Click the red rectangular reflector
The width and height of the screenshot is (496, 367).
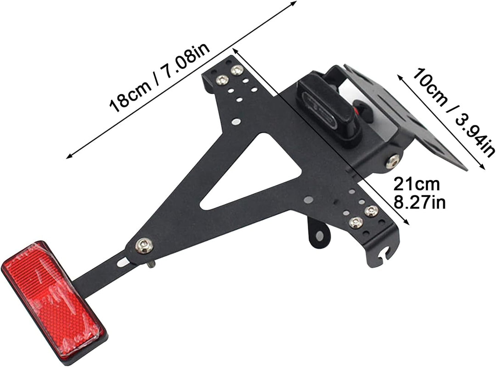pos(54,299)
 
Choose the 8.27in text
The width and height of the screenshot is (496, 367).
pos(419,202)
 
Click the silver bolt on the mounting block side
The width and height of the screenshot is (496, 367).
pos(393,160)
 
